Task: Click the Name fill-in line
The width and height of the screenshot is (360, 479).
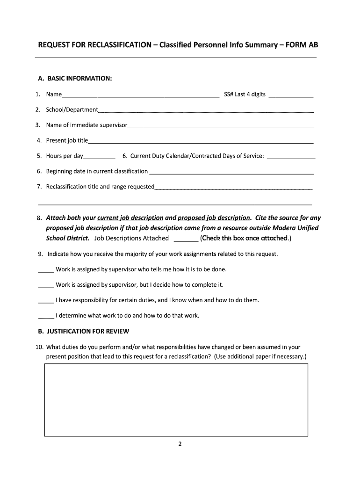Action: point(140,95)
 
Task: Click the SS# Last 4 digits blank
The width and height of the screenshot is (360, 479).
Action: point(291,95)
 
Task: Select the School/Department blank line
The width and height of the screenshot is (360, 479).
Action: point(206,110)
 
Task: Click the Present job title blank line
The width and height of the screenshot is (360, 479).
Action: point(201,141)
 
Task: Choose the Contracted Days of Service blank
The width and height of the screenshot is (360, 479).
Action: point(290,157)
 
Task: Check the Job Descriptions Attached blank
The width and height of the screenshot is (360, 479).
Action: point(186,239)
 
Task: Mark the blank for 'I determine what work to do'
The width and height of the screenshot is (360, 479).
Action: point(46,316)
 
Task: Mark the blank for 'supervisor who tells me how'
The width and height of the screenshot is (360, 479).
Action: point(46,270)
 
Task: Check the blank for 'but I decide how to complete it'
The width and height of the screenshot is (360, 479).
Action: point(46,285)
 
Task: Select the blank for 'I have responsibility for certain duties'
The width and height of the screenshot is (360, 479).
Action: point(46,301)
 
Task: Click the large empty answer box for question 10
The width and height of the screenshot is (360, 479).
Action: point(176,400)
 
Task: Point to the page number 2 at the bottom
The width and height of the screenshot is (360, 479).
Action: point(180,444)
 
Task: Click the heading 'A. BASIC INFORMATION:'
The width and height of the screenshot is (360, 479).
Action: point(75,78)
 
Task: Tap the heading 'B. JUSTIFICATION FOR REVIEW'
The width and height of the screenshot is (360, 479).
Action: point(83,331)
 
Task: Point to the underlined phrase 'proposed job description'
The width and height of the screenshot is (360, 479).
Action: point(214,218)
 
